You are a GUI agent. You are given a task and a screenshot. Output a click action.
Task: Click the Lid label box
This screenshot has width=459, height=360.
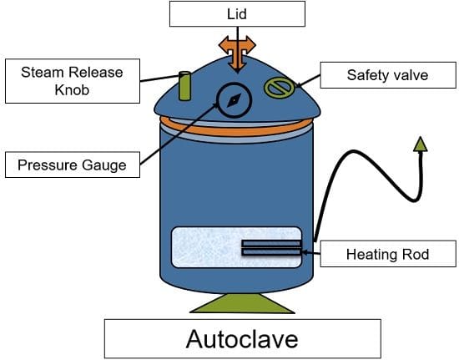coord(237,13)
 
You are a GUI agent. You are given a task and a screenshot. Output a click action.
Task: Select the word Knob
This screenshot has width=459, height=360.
coord(72,90)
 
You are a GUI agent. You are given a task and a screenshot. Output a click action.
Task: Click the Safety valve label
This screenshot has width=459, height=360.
coord(388,75)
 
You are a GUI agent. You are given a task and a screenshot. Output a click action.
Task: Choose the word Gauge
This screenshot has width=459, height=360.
coord(104,165)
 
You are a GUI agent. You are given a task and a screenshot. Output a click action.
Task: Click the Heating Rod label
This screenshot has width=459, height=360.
coord(388,254)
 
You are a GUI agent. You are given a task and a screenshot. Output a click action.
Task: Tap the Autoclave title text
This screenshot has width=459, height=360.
coord(242,339)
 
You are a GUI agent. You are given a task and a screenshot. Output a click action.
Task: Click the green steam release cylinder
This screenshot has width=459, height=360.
coord(184,86)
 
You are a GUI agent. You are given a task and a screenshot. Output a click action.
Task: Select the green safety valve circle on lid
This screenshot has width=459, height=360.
coord(280,88)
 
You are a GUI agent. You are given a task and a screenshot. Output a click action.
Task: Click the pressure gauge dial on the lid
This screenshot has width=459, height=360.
coord(235,100)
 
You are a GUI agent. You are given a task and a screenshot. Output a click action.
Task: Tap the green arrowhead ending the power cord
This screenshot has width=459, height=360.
coord(421,145)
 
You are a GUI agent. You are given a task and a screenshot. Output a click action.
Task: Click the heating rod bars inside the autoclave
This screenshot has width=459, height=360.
coord(271,248)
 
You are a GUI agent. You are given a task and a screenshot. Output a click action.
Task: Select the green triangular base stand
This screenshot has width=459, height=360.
coord(242,303)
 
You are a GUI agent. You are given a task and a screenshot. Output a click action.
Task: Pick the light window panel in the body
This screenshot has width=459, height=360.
coord(236,247)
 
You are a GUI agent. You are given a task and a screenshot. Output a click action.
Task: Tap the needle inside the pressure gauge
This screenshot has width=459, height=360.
coord(235,100)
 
